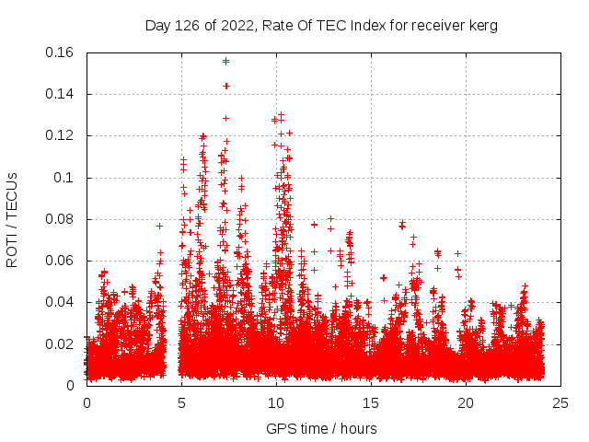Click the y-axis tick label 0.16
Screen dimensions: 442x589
coord(61,52)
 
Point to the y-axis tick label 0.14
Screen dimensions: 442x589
coord(61,94)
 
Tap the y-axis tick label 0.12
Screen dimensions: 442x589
coord(61,135)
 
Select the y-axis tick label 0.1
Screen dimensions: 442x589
coord(65,177)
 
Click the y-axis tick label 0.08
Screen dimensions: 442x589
coord(61,219)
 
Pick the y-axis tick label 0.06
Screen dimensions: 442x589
coord(61,261)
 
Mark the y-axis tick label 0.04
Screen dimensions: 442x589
coord(61,302)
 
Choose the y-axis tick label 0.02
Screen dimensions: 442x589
coord(61,343)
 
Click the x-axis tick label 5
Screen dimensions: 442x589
coord(181,402)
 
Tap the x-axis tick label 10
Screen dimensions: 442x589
coord(276,402)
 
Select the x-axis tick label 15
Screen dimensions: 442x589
coord(371,402)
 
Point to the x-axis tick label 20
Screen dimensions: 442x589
coord(466,402)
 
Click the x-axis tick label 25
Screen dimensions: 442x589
coord(560,402)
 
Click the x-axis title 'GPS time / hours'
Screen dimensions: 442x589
coord(321,428)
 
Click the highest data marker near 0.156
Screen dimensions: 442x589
coord(225,62)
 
